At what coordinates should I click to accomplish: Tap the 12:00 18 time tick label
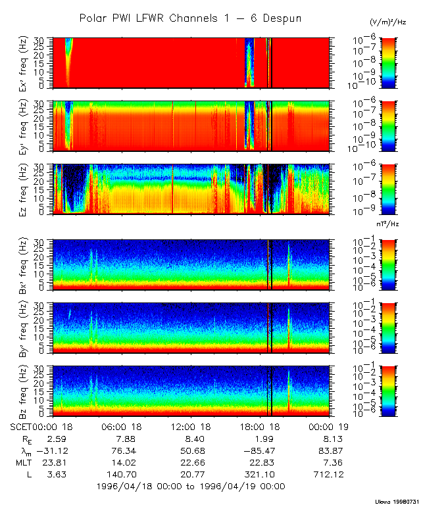tap(191, 427)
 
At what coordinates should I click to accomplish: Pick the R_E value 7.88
tap(122, 439)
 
